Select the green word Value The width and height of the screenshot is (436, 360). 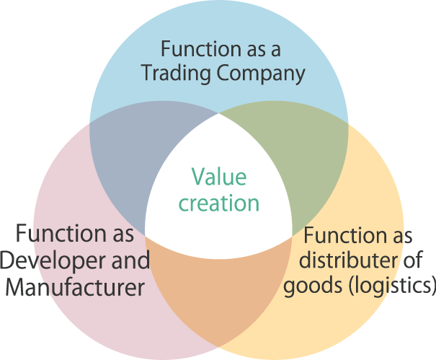tap(218, 177)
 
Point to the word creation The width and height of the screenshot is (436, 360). tap(218, 203)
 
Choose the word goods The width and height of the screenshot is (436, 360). tap(306, 286)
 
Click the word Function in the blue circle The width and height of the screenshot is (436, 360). tap(195, 49)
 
